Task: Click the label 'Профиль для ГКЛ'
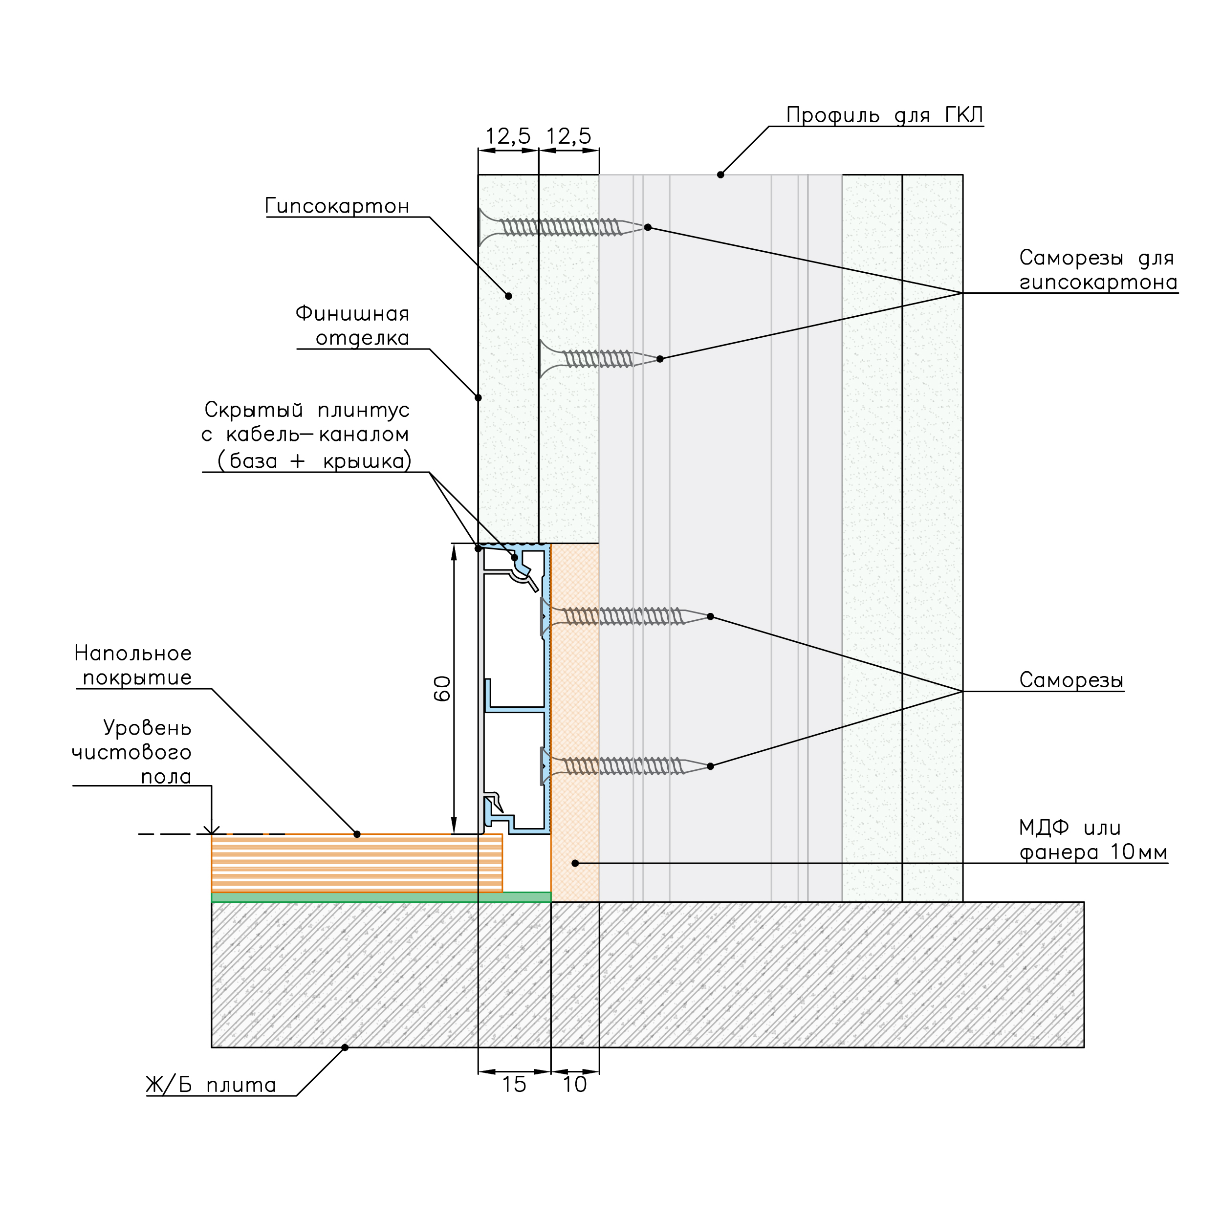884,116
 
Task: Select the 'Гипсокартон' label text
337,206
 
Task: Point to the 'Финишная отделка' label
352,326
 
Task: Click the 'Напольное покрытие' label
133,665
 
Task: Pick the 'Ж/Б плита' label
211,1085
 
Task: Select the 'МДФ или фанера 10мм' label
1093,839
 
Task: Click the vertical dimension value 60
442,688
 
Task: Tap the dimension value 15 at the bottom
514,1084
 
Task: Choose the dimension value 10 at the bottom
575,1084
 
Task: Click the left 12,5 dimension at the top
508,136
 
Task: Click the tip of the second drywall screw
658,359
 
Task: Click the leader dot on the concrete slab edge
345,1047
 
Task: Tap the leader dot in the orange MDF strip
575,863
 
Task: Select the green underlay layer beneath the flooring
381,897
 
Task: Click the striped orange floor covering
357,863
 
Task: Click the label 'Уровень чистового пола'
131,752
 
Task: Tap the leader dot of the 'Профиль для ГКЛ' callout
720,175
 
